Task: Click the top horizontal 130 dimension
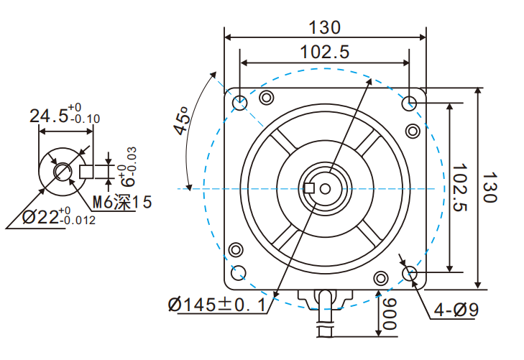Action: coord(324,27)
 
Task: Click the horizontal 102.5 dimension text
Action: coord(324,52)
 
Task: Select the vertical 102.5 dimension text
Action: coord(462,188)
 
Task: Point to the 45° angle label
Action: coord(182,120)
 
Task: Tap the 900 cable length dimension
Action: coord(389,315)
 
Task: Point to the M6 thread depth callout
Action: coord(122,203)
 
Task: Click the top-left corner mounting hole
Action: coord(240,101)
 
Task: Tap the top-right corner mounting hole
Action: coord(410,101)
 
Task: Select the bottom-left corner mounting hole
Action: coord(240,272)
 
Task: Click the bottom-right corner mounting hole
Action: coord(410,272)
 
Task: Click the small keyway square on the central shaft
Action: coord(310,188)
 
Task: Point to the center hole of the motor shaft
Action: coord(324,188)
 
